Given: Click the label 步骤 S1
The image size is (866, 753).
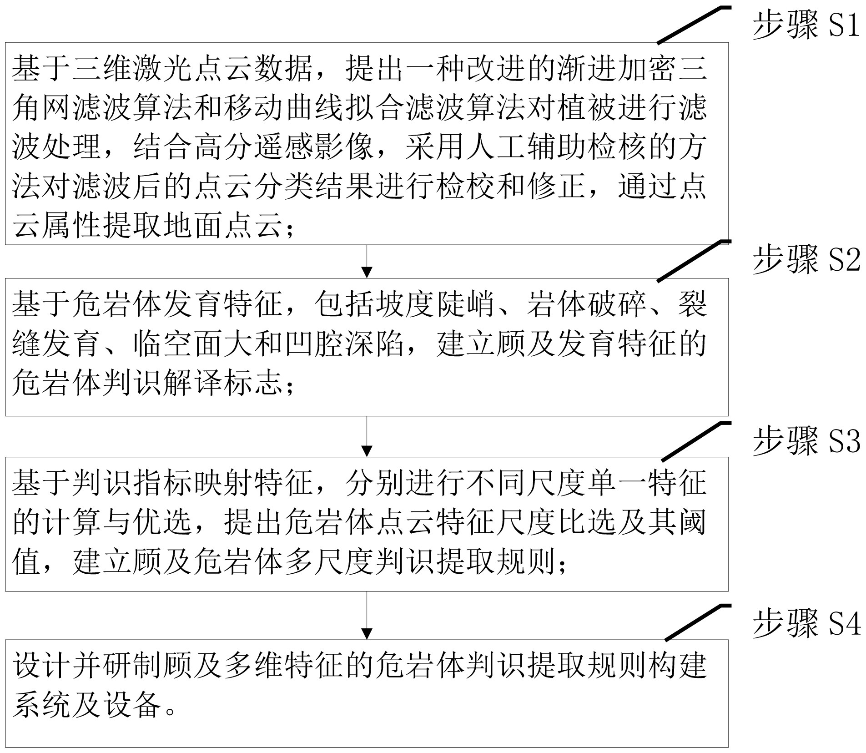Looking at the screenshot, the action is click(806, 25).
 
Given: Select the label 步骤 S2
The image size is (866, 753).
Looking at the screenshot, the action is click(806, 261).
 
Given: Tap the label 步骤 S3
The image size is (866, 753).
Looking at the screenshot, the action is click(806, 442).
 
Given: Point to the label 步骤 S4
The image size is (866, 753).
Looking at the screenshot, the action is click(806, 624).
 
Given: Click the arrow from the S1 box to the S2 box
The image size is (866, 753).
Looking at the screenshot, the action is click(367, 262).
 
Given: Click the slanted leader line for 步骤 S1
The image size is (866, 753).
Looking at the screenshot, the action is click(693, 25).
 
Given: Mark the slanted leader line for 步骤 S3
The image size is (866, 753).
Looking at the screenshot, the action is click(695, 441).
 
